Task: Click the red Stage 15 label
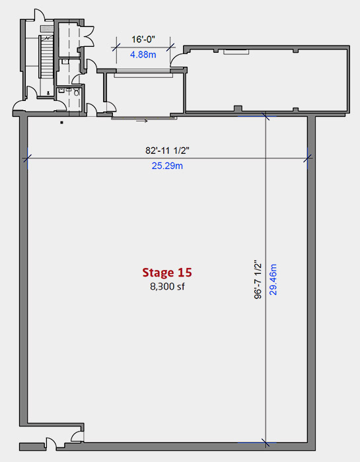[167, 273]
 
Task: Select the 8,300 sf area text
[167, 286]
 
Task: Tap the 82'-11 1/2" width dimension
[167, 150]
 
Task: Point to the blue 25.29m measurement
[167, 166]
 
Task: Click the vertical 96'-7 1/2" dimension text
[258, 279]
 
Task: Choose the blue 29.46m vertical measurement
[273, 279]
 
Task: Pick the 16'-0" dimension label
[143, 39]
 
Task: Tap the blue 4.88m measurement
[143, 55]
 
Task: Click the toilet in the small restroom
[77, 92]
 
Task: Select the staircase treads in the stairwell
[47, 57]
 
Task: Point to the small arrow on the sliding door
[142, 121]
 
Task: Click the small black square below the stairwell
[61, 123]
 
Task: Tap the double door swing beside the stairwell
[88, 36]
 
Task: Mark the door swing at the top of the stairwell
[40, 15]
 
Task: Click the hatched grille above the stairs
[47, 28]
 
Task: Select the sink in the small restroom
[61, 90]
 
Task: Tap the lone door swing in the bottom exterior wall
[52, 443]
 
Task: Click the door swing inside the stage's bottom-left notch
[77, 436]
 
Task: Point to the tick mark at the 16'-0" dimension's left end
[116, 48]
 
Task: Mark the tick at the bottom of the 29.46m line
[266, 443]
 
